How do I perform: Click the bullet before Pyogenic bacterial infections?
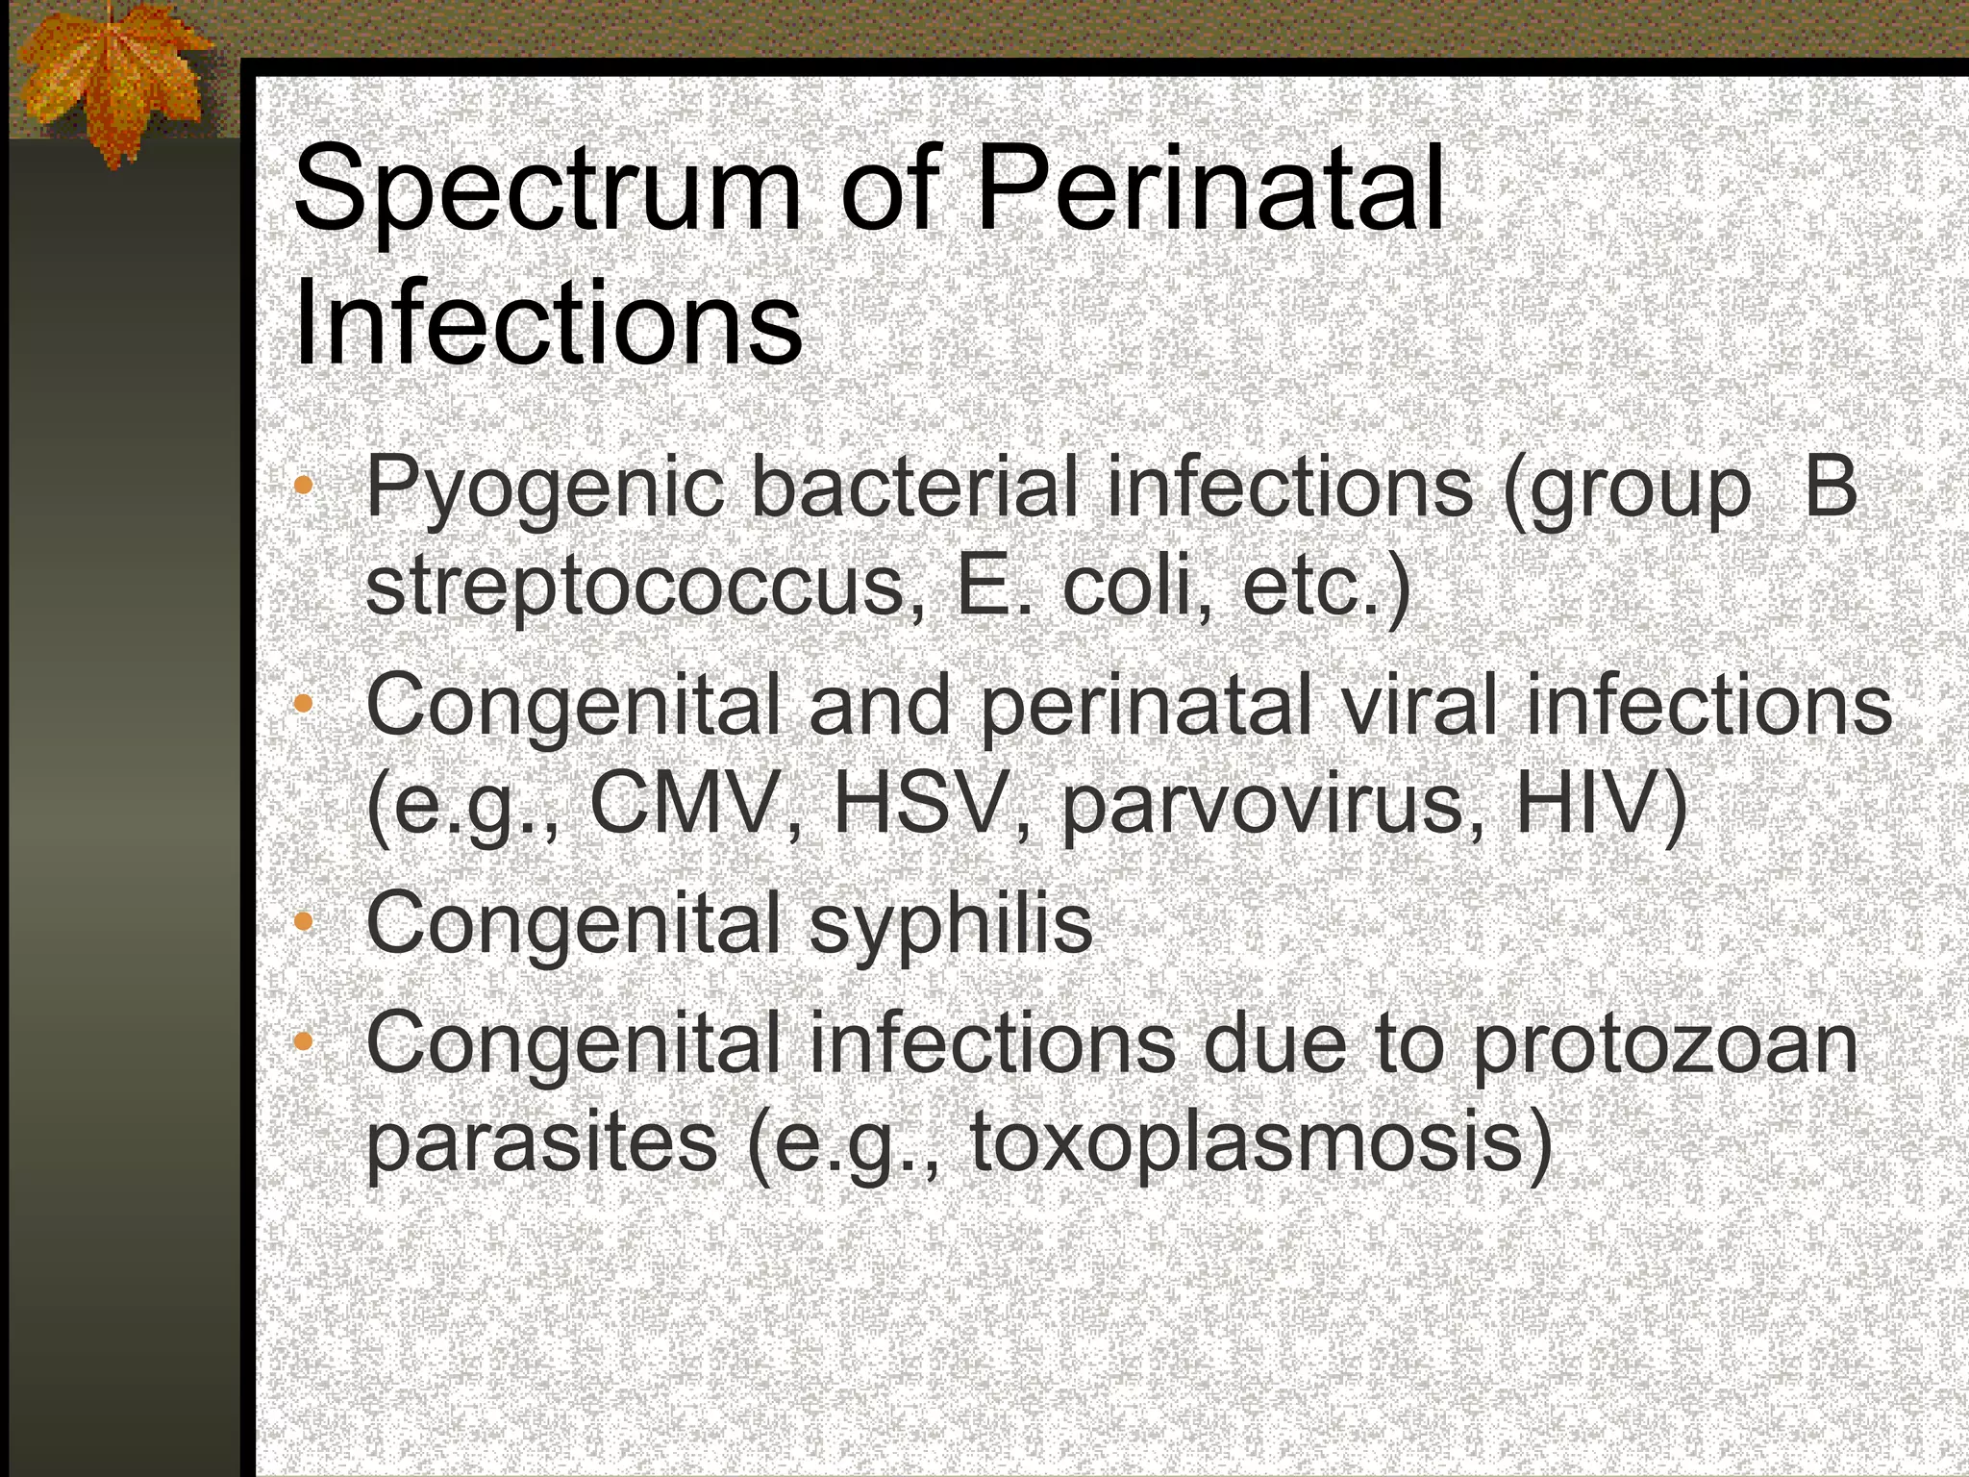(304, 485)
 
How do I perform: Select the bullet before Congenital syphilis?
(304, 921)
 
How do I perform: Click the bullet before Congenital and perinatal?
(304, 704)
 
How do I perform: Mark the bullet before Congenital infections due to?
(304, 1040)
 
